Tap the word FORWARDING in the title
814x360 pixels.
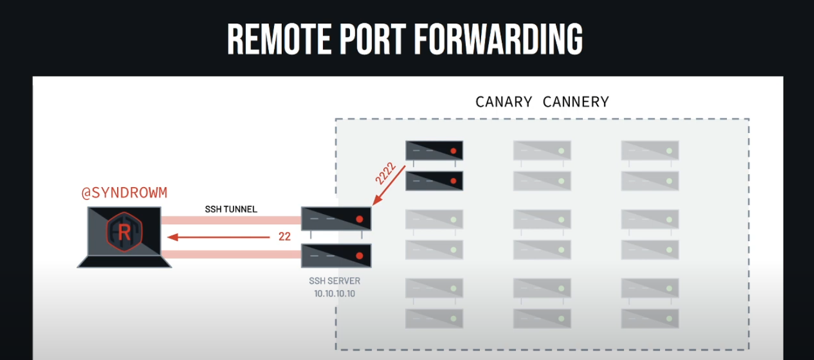(x=499, y=39)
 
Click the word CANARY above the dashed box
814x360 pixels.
(x=504, y=102)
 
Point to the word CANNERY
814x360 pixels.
(x=576, y=102)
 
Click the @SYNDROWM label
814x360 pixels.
(x=125, y=193)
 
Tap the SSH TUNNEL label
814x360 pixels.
(x=231, y=209)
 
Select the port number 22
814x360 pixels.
(x=285, y=237)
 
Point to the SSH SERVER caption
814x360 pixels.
(x=335, y=281)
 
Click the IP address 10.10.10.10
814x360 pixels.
(x=335, y=292)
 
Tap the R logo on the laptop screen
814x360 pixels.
(x=124, y=232)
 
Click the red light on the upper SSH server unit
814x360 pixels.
(x=359, y=219)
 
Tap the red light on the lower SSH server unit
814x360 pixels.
(x=359, y=256)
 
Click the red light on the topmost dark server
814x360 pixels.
(x=453, y=151)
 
